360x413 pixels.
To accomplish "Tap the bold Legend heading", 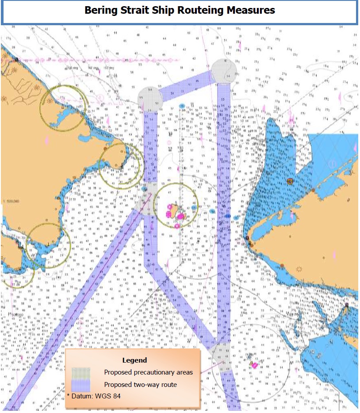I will (134, 360).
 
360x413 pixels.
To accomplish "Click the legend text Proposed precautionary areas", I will (149, 372).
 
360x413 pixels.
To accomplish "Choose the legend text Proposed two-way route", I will (141, 385).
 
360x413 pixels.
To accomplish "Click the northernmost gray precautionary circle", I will (223, 71).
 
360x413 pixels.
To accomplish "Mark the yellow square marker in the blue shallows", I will (290, 181).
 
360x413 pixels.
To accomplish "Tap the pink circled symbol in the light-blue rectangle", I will (333, 164).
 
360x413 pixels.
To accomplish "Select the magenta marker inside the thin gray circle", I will (254, 365).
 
